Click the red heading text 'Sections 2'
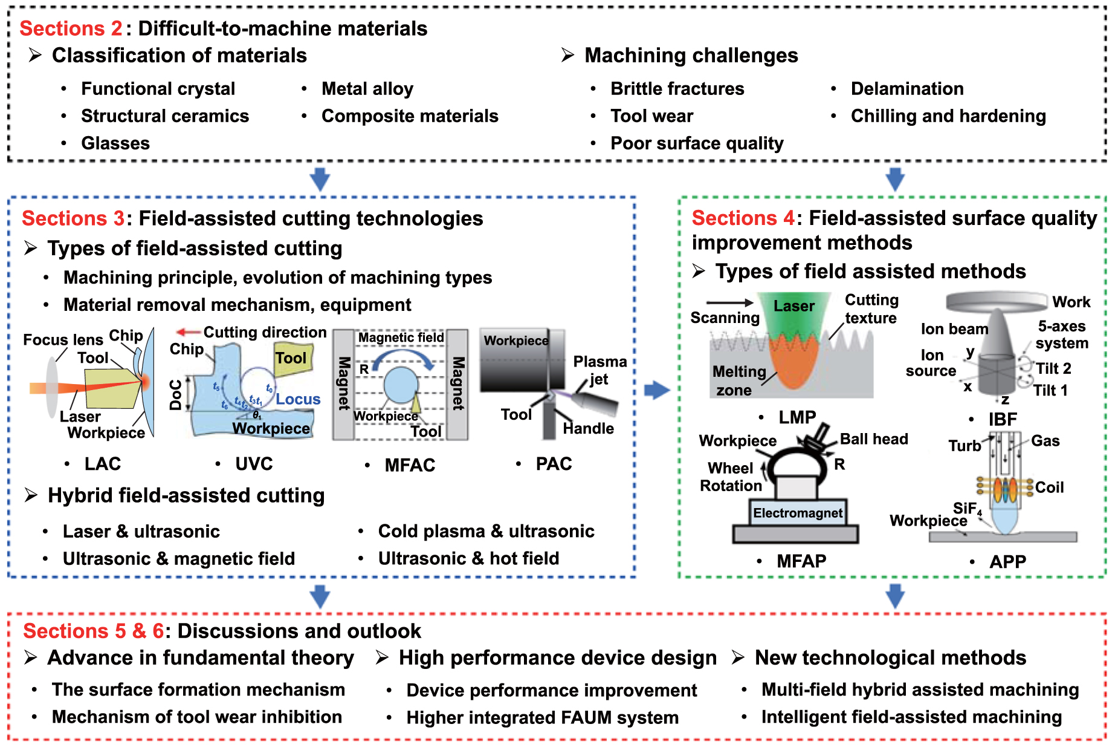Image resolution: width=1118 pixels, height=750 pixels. point(71,28)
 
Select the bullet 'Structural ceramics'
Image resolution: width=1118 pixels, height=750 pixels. point(164,116)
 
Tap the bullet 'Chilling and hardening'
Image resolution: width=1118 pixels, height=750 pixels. point(948,116)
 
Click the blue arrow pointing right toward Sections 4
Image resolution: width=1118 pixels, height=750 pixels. point(657,390)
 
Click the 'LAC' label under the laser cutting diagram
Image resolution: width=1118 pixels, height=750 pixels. point(102,464)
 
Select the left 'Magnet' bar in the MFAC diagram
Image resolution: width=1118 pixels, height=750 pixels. point(343,383)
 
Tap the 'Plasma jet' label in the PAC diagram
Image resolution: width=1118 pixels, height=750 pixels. point(599,370)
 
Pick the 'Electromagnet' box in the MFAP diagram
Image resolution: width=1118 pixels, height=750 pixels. point(797,514)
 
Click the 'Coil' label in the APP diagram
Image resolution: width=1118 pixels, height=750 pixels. point(1049,487)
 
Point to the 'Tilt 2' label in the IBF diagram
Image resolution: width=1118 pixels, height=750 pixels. point(1053,368)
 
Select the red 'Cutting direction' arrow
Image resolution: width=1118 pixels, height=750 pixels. point(188,332)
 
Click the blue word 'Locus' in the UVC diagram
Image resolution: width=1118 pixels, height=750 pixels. point(298,399)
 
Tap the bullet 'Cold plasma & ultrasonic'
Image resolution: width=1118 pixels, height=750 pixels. point(486,531)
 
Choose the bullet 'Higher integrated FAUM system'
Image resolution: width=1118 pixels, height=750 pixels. point(542,717)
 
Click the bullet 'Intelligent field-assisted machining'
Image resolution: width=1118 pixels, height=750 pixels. point(911,717)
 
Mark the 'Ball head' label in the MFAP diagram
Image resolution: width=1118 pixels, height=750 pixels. point(874,439)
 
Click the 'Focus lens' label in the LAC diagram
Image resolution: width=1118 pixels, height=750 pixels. point(63,340)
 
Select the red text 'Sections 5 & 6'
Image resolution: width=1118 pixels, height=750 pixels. point(93,631)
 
